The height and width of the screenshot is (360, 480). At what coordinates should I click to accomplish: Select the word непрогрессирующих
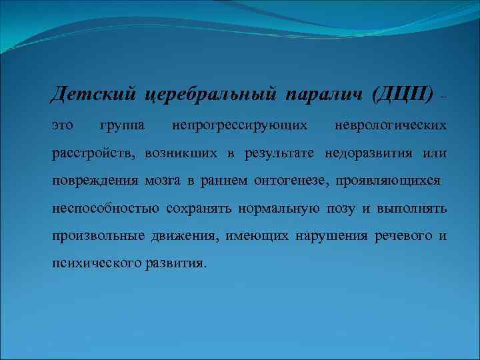point(239,125)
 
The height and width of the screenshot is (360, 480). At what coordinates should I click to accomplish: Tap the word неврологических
point(391,125)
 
